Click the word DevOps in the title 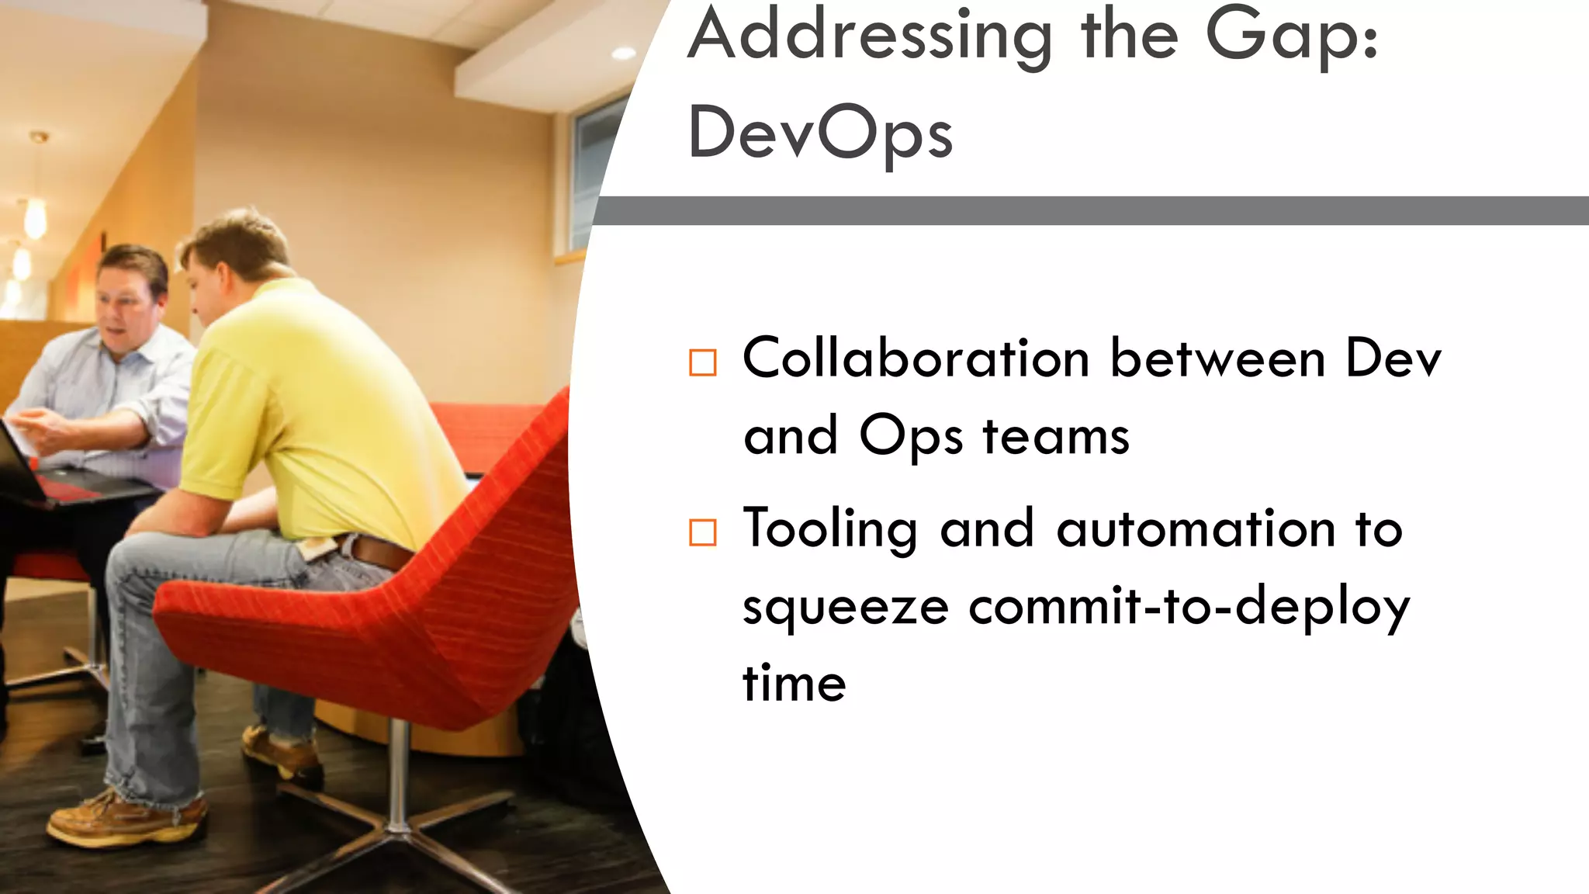[x=820, y=133]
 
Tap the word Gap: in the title [x=1292, y=35]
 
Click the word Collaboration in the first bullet [x=916, y=359]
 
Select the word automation [x=1196, y=529]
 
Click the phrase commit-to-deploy [x=1189, y=607]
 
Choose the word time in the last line [x=794, y=684]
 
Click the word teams [x=1056, y=436]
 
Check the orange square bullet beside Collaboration [x=703, y=362]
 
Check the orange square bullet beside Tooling [x=703, y=532]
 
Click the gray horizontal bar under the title [x=1086, y=210]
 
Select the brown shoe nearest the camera [x=124, y=819]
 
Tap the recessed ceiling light [x=623, y=53]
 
